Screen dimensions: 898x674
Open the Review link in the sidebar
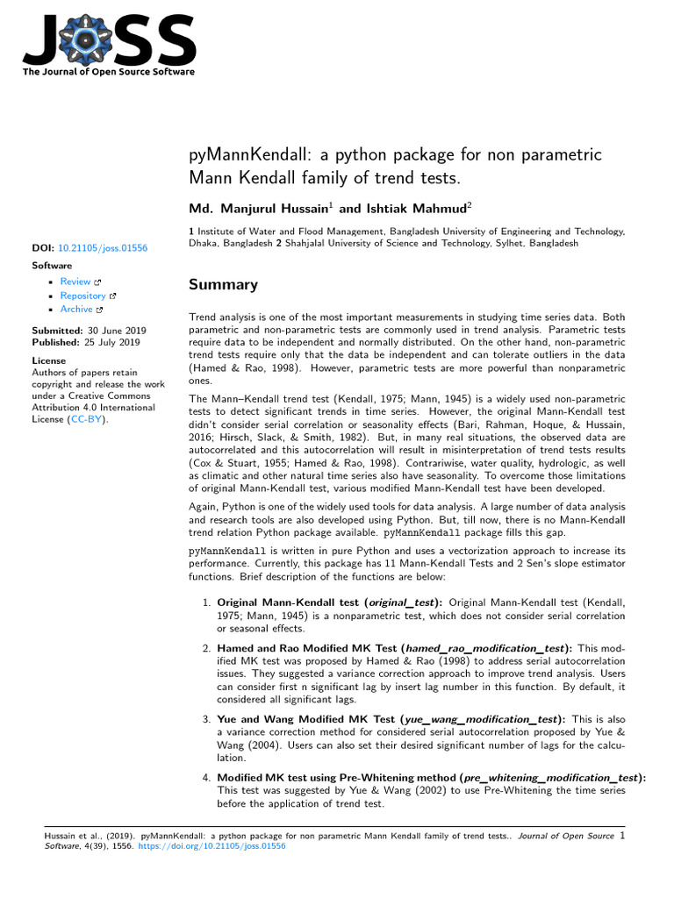point(75,282)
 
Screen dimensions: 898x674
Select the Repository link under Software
point(83,296)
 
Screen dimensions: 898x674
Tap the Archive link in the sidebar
point(76,310)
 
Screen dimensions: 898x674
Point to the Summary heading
point(224,285)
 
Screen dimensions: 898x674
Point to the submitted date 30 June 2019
point(114,331)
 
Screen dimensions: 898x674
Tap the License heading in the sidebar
point(48,360)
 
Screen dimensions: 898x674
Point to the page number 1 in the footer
point(621,836)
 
